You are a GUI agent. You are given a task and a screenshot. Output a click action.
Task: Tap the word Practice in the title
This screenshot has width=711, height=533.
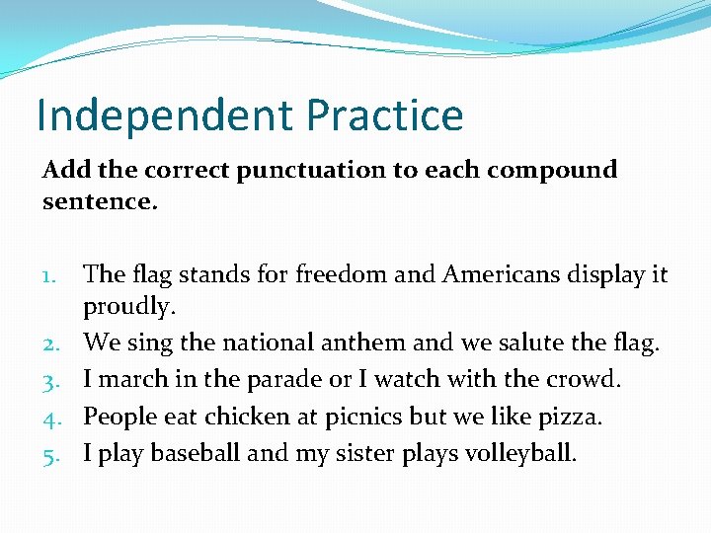pos(385,115)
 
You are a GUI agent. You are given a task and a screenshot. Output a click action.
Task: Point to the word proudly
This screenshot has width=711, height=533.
pos(129,308)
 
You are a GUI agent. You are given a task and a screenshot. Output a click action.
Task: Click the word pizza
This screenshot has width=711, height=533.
pos(570,417)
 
